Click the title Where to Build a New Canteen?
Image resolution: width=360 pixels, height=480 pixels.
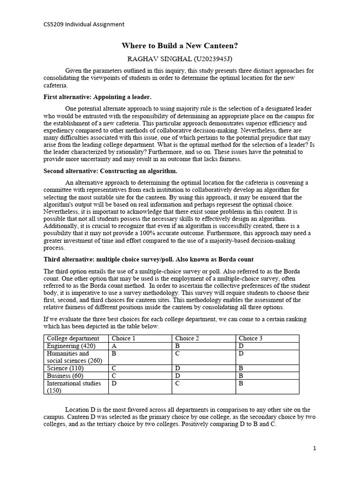(x=180, y=46)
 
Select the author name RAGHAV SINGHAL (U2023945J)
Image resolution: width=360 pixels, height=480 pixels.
(x=180, y=59)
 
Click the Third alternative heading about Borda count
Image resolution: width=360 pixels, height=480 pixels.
(x=149, y=259)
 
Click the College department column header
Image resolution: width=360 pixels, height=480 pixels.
(x=73, y=338)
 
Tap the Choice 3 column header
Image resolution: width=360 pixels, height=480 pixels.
(x=251, y=338)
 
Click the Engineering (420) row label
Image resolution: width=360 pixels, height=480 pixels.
(x=68, y=346)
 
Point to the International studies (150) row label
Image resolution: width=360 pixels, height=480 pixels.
(x=74, y=387)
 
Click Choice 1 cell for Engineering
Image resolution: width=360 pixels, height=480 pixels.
(x=114, y=346)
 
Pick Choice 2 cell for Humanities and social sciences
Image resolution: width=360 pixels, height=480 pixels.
(x=178, y=353)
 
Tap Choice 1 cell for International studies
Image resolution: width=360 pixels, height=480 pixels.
(x=114, y=383)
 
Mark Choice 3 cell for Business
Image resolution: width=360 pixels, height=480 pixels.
(x=241, y=376)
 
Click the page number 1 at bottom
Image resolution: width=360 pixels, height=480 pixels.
(x=315, y=448)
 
